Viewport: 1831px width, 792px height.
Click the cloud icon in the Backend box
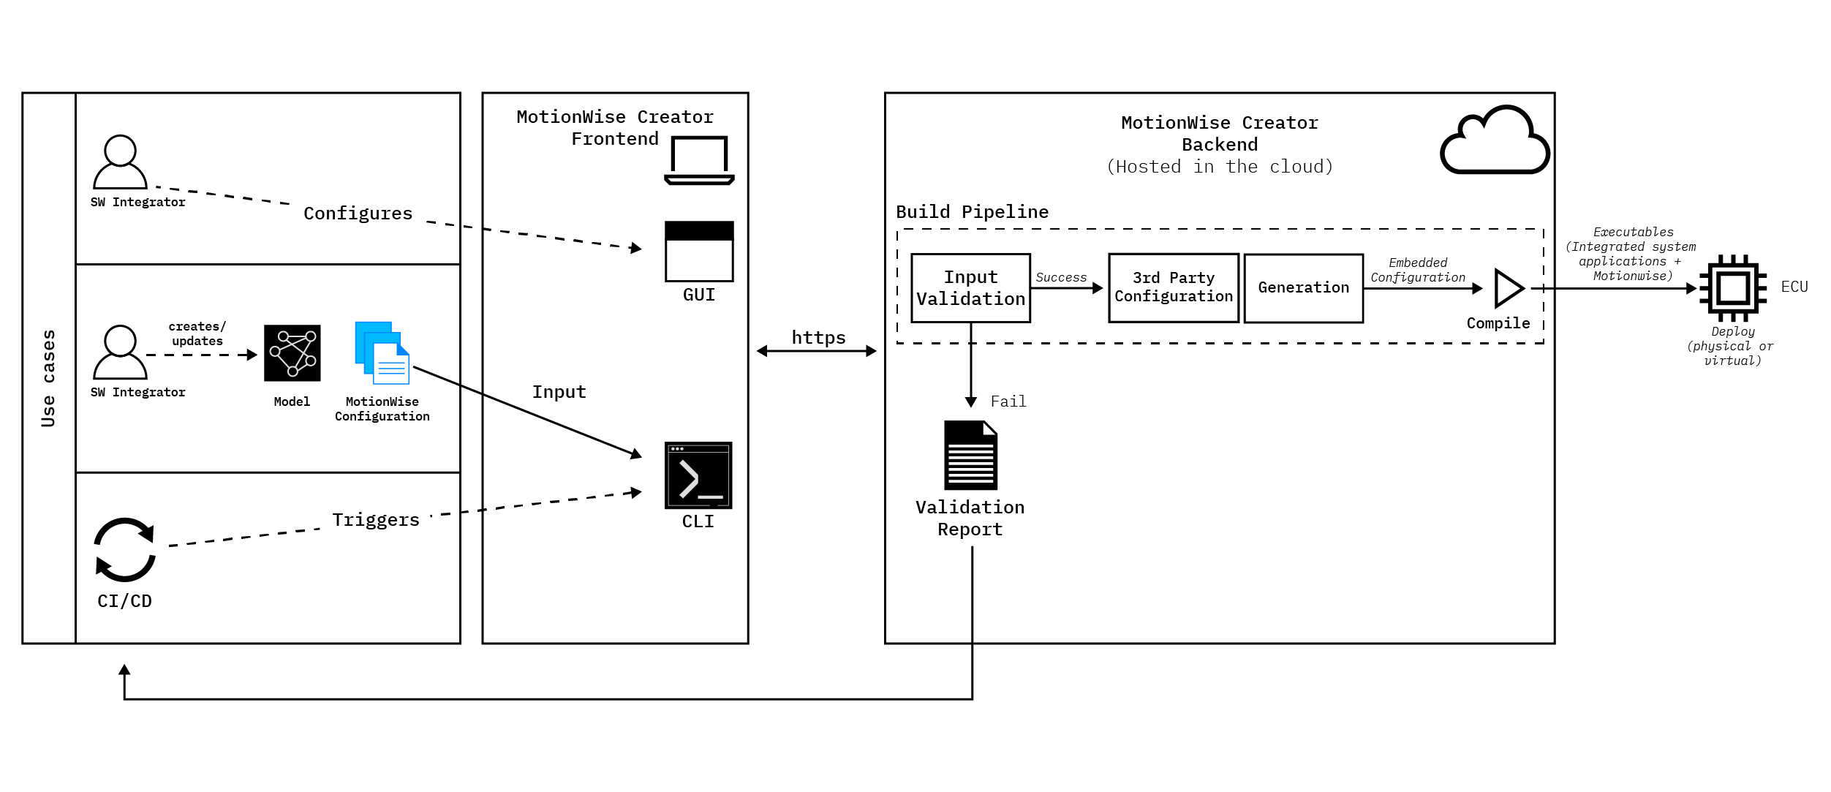pyautogui.click(x=1494, y=143)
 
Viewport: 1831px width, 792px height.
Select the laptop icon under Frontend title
pyautogui.click(x=699, y=160)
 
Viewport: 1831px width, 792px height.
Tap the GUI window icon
pyautogui.click(x=699, y=252)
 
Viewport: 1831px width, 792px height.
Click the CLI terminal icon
pyautogui.click(x=698, y=475)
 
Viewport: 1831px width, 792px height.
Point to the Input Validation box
pyautogui.click(x=970, y=288)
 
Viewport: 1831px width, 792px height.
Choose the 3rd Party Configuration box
pyautogui.click(x=1173, y=288)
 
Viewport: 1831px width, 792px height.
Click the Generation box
pyautogui.click(x=1303, y=288)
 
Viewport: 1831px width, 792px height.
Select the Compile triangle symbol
pyautogui.click(x=1507, y=288)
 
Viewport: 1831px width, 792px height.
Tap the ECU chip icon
pyautogui.click(x=1732, y=288)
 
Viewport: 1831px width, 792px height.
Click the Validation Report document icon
pyautogui.click(x=970, y=455)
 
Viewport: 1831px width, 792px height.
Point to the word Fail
pyautogui.click(x=1008, y=401)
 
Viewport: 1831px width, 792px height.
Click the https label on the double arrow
pyautogui.click(x=818, y=338)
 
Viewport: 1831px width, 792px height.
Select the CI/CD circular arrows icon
pyautogui.click(x=125, y=550)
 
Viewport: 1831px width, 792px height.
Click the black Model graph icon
pyautogui.click(x=292, y=353)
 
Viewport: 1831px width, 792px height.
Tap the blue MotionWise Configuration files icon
pyautogui.click(x=382, y=353)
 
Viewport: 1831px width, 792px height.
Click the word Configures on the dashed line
pyautogui.click(x=358, y=214)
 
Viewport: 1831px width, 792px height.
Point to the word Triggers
pyautogui.click(x=376, y=520)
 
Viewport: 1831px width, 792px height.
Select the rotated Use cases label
pyautogui.click(x=48, y=378)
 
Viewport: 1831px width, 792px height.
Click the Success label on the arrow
pyautogui.click(x=1060, y=278)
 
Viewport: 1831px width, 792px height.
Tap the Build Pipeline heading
pyautogui.click(x=972, y=212)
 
